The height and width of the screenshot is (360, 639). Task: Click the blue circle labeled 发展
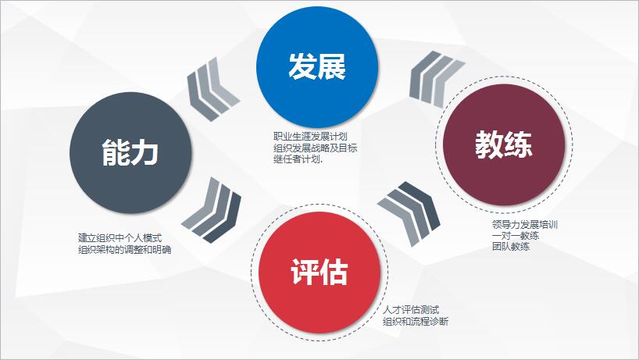point(317,67)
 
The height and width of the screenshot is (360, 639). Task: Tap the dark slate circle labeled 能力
point(130,153)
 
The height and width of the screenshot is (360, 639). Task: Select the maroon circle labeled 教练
point(504,144)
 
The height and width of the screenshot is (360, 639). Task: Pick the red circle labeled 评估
point(319,273)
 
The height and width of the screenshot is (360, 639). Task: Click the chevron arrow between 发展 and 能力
point(212,90)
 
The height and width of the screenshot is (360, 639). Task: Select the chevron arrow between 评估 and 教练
point(410,213)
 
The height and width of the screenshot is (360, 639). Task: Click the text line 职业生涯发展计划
point(310,136)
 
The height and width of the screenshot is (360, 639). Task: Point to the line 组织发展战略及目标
point(315,148)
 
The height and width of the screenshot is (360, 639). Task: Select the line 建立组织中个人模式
point(120,238)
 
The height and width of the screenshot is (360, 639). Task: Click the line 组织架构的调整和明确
point(124,249)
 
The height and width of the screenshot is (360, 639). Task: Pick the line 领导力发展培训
point(524,225)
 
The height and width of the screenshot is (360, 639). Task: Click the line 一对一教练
point(515,235)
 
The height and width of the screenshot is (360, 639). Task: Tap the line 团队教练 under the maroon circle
point(511,247)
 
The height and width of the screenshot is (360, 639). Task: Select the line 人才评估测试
point(411,310)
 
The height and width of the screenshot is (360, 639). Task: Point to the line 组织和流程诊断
point(416,322)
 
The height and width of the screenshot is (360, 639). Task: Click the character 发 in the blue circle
point(302,66)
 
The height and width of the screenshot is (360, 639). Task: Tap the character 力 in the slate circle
point(145,152)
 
